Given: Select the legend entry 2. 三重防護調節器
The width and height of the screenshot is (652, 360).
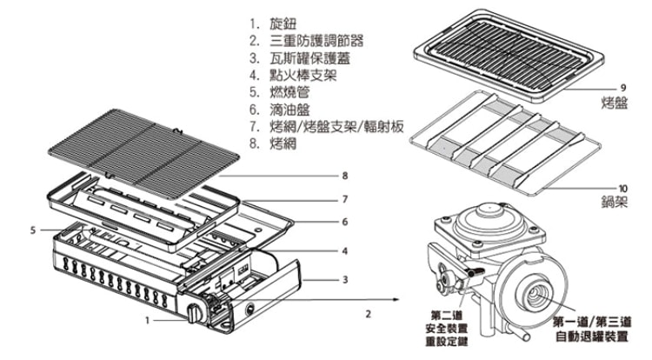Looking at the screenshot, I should tap(305, 40).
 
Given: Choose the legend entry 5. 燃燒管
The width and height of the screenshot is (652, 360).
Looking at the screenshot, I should tap(282, 92).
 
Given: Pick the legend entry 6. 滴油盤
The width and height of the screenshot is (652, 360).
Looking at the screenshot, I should tap(282, 110).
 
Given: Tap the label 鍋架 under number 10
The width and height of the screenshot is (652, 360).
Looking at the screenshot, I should tap(615, 201).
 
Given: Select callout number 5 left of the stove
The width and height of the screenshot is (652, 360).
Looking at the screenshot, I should tap(32, 230).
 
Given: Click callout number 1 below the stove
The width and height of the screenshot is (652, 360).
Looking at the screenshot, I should tap(147, 320).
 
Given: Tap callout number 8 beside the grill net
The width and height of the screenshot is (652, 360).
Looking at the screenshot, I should tap(345, 177).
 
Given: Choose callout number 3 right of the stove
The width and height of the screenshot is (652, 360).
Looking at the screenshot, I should tap(345, 280).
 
